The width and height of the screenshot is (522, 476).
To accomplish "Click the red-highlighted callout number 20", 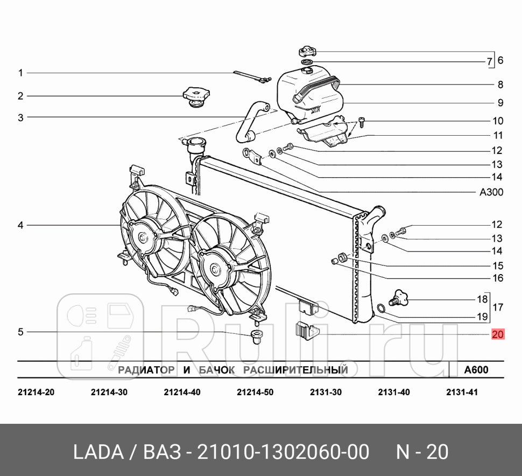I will pyautogui.click(x=497, y=334).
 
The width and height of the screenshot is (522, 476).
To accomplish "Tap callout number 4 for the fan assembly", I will pyautogui.click(x=20, y=225).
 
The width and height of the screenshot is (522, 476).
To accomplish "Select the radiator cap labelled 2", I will pyautogui.click(x=196, y=97).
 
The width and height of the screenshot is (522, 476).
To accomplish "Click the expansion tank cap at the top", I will pyautogui.click(x=307, y=52).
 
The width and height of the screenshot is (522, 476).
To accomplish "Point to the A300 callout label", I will pyautogui.click(x=491, y=192).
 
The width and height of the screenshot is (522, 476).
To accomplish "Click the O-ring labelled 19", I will pyautogui.click(x=380, y=309).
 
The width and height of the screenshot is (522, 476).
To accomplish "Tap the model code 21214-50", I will pyautogui.click(x=255, y=392).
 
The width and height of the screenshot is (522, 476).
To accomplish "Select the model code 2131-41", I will pyautogui.click(x=462, y=392).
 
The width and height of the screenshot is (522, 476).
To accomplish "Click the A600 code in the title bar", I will pyautogui.click(x=476, y=370).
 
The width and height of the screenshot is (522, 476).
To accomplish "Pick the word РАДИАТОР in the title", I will pyautogui.click(x=146, y=370).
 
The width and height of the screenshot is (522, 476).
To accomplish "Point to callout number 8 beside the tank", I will pyautogui.click(x=500, y=85).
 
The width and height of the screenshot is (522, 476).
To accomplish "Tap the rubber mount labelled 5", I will pyautogui.click(x=255, y=338).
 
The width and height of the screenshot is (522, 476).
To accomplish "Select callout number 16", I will pyautogui.click(x=497, y=278).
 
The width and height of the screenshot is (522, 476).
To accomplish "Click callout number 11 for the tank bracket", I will pyautogui.click(x=498, y=136).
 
